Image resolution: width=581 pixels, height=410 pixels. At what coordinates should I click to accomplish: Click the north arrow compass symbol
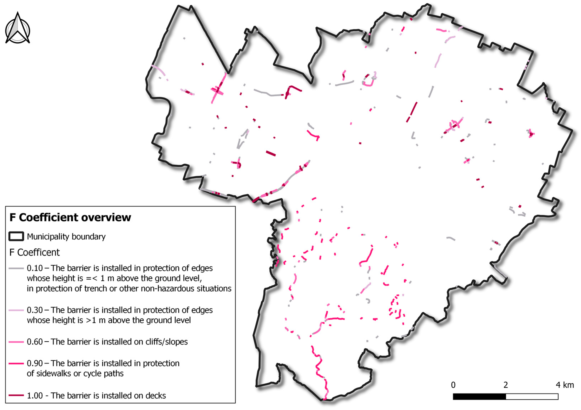pyautogui.click(x=18, y=29)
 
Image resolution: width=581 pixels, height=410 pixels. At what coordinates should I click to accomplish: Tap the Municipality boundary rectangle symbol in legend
pyautogui.click(x=16, y=236)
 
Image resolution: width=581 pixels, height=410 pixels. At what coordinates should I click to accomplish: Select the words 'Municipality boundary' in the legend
pyautogui.click(x=66, y=237)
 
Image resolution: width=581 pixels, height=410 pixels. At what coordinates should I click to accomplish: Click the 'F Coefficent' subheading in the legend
pyautogui.click(x=34, y=252)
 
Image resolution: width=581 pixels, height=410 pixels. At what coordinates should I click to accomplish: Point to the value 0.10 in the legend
pyautogui.click(x=35, y=268)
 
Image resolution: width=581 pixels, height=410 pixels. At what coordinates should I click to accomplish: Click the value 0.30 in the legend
pyautogui.click(x=35, y=310)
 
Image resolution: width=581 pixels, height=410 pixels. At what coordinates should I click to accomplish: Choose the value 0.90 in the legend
pyautogui.click(x=35, y=363)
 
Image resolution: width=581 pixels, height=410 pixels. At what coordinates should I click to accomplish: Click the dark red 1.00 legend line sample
pyautogui.click(x=16, y=396)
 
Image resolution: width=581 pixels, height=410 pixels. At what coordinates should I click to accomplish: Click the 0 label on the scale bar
pyautogui.click(x=453, y=385)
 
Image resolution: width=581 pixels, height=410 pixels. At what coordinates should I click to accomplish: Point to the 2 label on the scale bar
pyautogui.click(x=506, y=385)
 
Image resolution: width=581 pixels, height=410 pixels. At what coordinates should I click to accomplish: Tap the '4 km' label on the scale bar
pyautogui.click(x=564, y=385)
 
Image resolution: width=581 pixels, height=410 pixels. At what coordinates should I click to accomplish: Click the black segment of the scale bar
pyautogui.click(x=479, y=397)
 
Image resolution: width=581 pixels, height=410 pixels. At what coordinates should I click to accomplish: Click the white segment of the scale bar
pyautogui.click(x=532, y=397)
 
